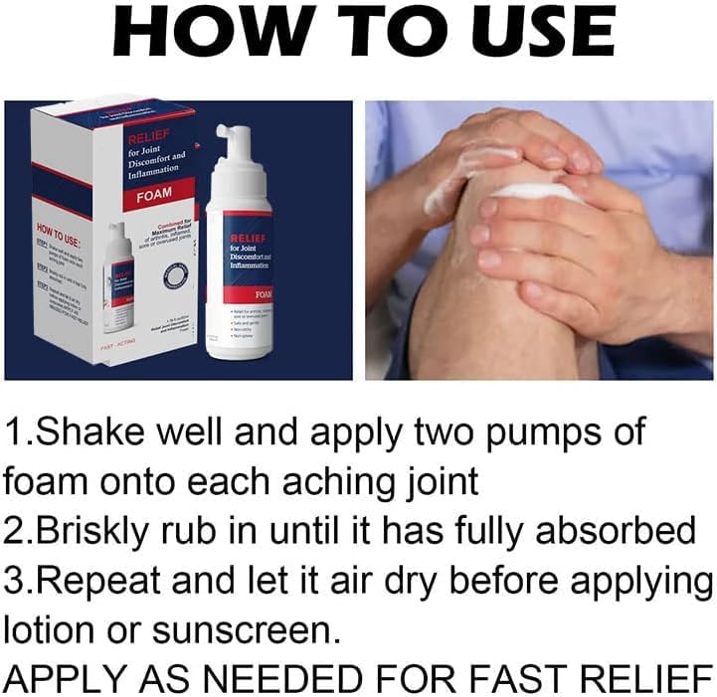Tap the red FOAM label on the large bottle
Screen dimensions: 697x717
click(264, 295)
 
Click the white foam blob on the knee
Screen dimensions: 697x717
click(541, 191)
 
